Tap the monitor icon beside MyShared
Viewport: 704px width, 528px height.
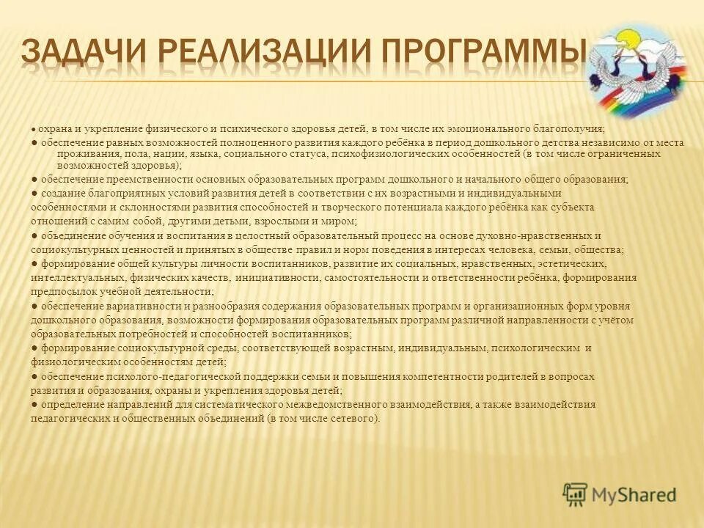coord(576,494)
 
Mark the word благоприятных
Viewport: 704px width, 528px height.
coord(118,193)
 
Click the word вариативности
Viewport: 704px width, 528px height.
coord(139,306)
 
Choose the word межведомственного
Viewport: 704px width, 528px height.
coord(298,404)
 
